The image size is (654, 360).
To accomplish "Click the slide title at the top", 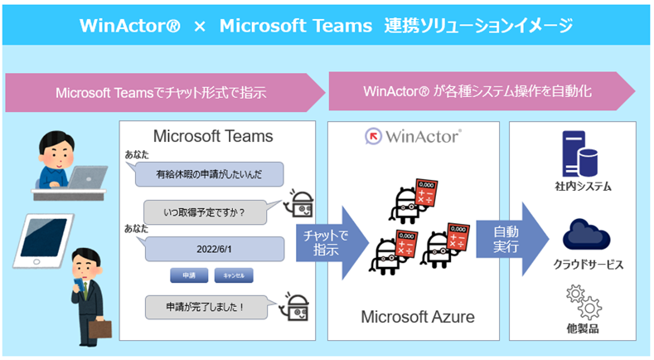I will click(327, 26).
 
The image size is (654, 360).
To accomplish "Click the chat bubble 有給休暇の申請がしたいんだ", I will click(208, 175).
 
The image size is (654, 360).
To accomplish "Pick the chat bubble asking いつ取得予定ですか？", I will click(207, 212).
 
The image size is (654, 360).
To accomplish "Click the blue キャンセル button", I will click(234, 275).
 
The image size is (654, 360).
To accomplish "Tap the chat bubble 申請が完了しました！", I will click(208, 307).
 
